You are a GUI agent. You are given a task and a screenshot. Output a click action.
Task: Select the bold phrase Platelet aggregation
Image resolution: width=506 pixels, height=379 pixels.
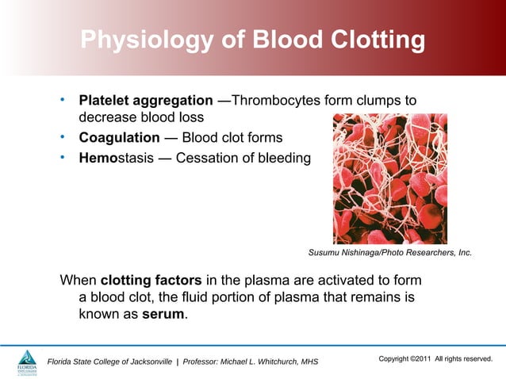pos(145,101)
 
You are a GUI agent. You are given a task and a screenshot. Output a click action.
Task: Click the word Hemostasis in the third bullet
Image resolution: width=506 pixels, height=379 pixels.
pos(117,158)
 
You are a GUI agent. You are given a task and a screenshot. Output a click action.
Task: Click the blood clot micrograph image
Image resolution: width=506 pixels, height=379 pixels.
pos(389,178)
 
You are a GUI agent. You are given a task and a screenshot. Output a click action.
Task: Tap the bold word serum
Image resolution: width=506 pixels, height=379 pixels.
pos(164,315)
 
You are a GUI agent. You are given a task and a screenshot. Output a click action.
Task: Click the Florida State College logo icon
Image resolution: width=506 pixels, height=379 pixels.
pos(27,361)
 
